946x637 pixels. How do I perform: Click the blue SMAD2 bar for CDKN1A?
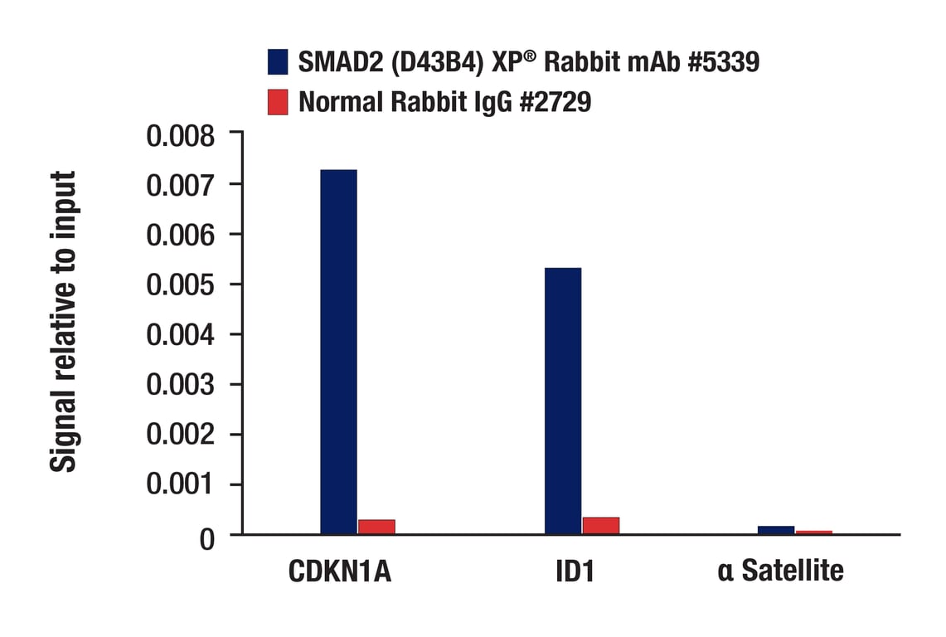[338, 352]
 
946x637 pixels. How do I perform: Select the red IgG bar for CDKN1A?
[376, 527]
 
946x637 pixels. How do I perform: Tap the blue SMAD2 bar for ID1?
[563, 401]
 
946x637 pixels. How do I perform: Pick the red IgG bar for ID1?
[601, 526]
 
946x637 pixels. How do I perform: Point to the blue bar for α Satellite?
[776, 530]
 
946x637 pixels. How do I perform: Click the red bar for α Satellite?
[813, 532]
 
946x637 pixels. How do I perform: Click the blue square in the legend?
[278, 61]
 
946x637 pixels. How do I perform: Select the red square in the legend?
[278, 102]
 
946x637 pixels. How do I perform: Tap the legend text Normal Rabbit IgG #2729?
[444, 102]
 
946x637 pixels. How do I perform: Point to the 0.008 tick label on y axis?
[180, 135]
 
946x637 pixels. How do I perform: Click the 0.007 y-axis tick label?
[180, 185]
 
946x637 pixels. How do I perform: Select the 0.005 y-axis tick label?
[180, 285]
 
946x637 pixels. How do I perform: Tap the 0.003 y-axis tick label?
[180, 385]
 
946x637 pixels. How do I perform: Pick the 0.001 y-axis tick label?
[180, 485]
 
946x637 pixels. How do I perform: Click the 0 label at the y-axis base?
[206, 538]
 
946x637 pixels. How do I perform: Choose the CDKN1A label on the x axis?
[340, 571]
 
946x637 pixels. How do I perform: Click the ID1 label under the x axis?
[576, 571]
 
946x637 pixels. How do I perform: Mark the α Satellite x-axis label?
[780, 571]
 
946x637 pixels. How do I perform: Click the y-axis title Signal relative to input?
[64, 322]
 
